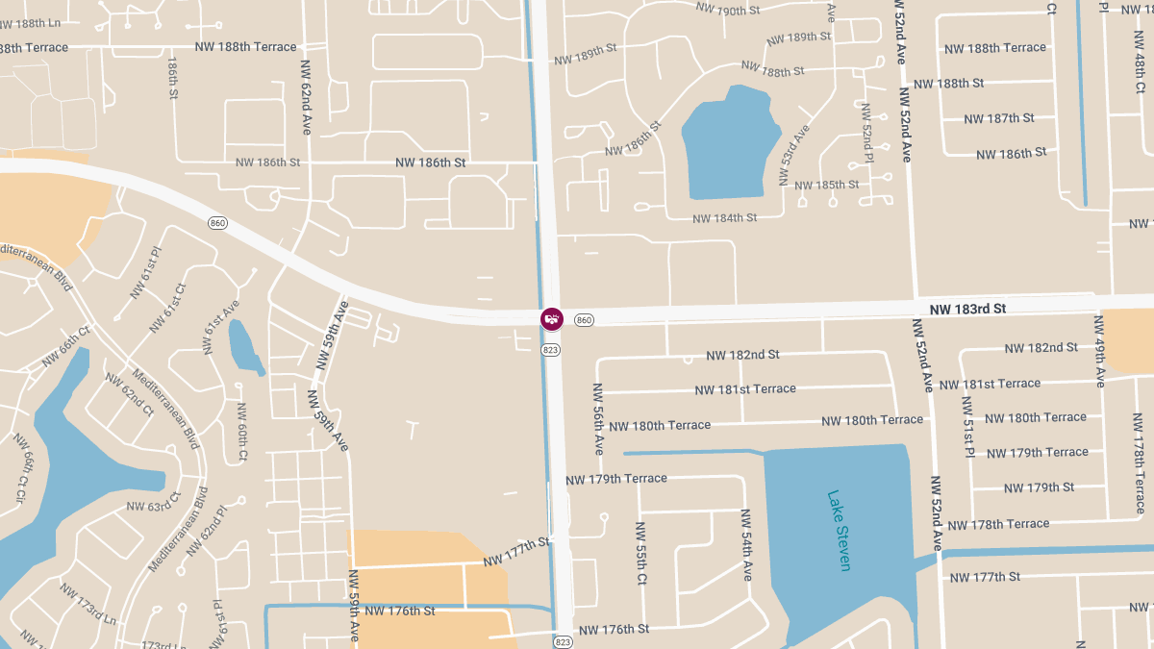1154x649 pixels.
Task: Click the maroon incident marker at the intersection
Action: tap(551, 319)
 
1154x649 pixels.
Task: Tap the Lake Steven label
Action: tap(839, 531)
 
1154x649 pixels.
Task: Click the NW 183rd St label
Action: tap(967, 309)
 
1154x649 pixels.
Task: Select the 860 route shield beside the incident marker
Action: tap(585, 319)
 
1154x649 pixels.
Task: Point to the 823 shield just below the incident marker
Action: tap(551, 350)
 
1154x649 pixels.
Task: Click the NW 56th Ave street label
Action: tap(598, 419)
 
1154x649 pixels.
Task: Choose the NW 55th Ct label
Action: tap(641, 553)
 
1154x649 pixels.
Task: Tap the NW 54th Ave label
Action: tap(746, 544)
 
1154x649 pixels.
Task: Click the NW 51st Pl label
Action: tap(967, 426)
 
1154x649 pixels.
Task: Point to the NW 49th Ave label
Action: tap(1099, 351)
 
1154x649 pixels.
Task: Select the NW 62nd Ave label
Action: tap(306, 97)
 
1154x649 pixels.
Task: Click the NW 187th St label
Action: tap(998, 118)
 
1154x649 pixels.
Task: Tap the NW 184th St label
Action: tap(725, 218)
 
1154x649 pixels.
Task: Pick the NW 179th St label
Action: tap(1039, 487)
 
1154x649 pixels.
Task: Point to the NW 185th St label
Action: tap(826, 185)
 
